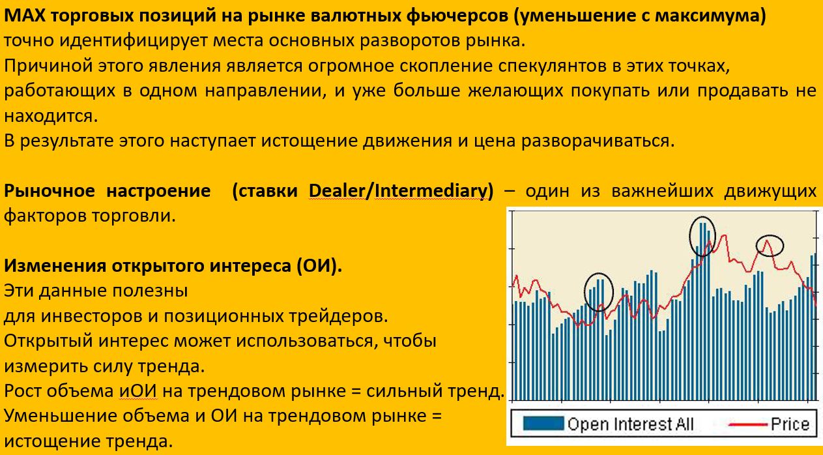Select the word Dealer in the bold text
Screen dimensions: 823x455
click(x=336, y=191)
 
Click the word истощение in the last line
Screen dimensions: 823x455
click(x=53, y=441)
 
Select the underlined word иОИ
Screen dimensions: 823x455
click(x=137, y=390)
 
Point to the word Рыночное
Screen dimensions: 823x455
click(x=50, y=191)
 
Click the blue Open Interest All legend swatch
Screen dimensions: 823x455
click(x=543, y=423)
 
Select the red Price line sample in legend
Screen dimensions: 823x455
click(x=748, y=424)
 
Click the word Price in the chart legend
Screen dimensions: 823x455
click(x=790, y=424)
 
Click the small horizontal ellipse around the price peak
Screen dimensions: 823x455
click(x=770, y=235)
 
